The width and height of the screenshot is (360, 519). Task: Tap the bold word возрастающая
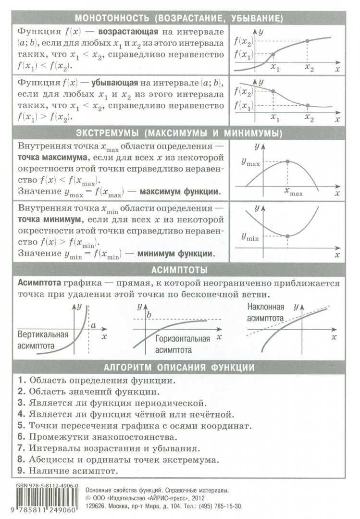click(128, 32)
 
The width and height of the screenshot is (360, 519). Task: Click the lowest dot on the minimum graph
click(287, 235)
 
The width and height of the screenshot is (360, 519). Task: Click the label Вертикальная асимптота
click(42, 340)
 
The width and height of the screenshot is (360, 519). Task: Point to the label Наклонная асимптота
click(266, 312)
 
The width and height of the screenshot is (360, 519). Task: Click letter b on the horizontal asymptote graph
click(149, 315)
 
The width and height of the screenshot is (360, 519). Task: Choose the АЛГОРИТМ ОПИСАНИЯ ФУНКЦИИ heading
click(179, 368)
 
